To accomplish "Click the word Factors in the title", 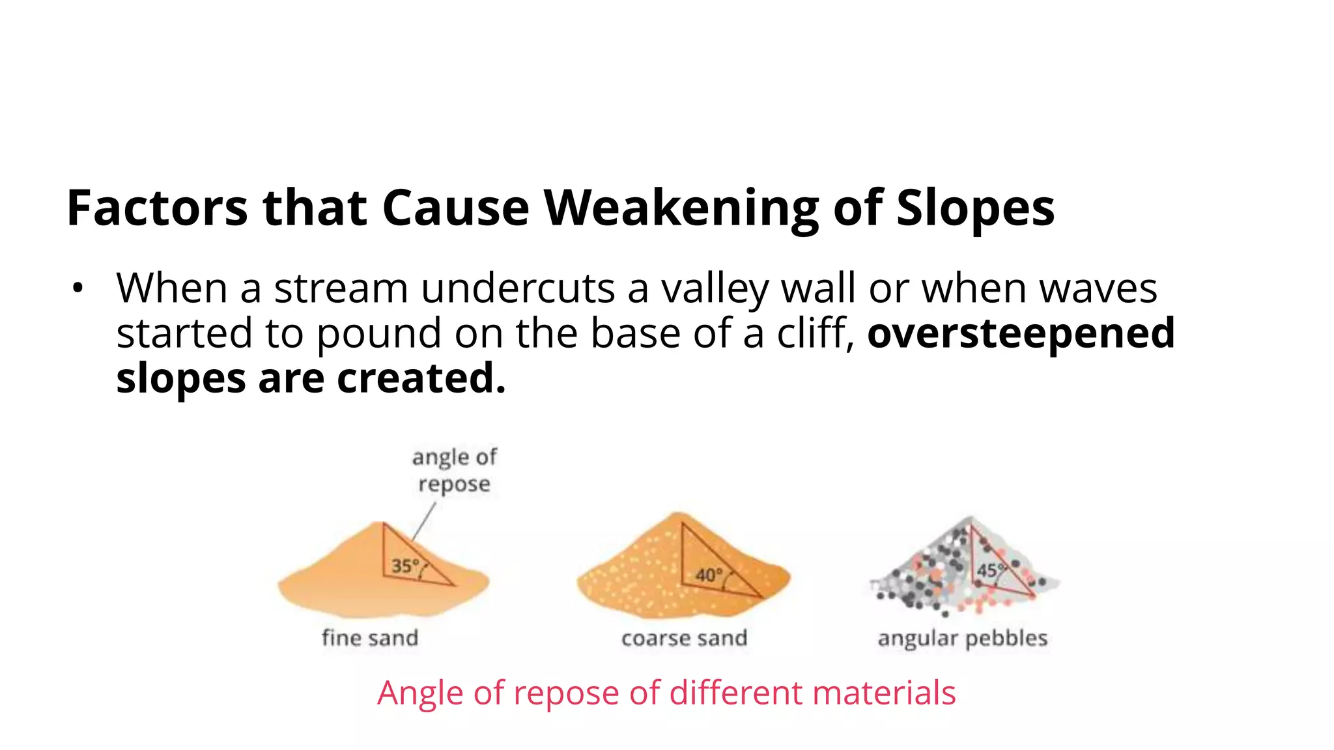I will coord(157,208).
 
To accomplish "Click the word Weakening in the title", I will coord(681,208).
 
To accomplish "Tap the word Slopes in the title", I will coord(975,208).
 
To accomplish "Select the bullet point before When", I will coord(78,288).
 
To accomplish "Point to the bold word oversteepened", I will coord(1021,333).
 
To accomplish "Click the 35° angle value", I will coord(404,566).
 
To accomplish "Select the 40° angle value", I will coord(709,575).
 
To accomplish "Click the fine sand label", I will coord(370,638).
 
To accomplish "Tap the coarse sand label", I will coord(684,638).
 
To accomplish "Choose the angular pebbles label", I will coord(963,638).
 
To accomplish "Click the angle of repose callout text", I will coord(454,471).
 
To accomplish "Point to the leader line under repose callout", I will coord(423,521).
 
